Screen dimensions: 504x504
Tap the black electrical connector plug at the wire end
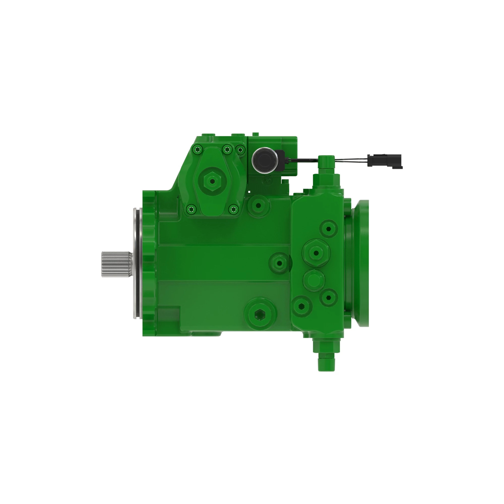[x=385, y=160]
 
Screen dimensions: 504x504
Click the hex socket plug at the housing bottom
[x=260, y=315]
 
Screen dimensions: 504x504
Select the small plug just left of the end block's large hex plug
[x=279, y=263]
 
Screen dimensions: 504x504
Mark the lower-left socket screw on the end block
[x=302, y=306]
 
